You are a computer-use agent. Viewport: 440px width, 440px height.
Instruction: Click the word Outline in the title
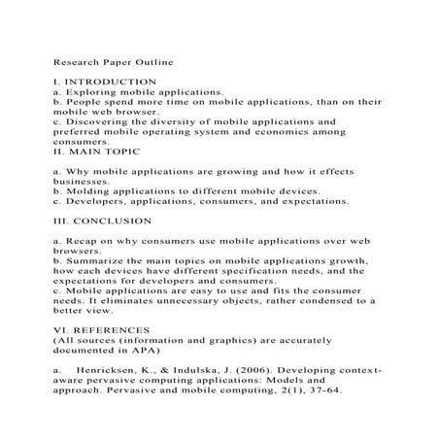click(154, 59)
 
